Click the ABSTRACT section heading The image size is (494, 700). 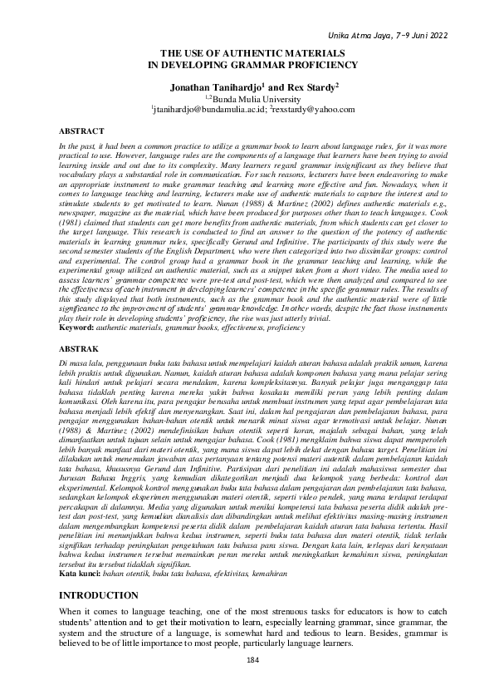(81, 131)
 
